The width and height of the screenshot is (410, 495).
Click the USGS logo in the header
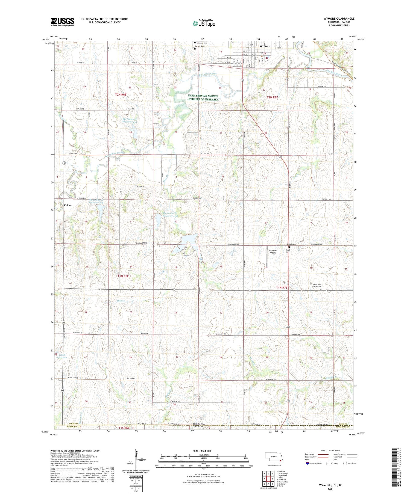[62, 22]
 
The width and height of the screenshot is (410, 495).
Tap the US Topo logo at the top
[204, 23]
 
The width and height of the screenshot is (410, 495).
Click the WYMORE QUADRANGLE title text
[339, 19]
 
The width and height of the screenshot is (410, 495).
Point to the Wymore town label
[265, 46]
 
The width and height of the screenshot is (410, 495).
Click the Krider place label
[68, 205]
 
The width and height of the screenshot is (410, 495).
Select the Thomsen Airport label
[273, 251]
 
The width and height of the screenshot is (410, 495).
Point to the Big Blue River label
[335, 72]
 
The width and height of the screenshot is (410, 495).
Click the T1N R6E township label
[123, 276]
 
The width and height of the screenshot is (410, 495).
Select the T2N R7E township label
[272, 97]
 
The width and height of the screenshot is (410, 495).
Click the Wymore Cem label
[202, 43]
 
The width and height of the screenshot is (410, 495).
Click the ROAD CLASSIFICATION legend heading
[330, 450]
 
